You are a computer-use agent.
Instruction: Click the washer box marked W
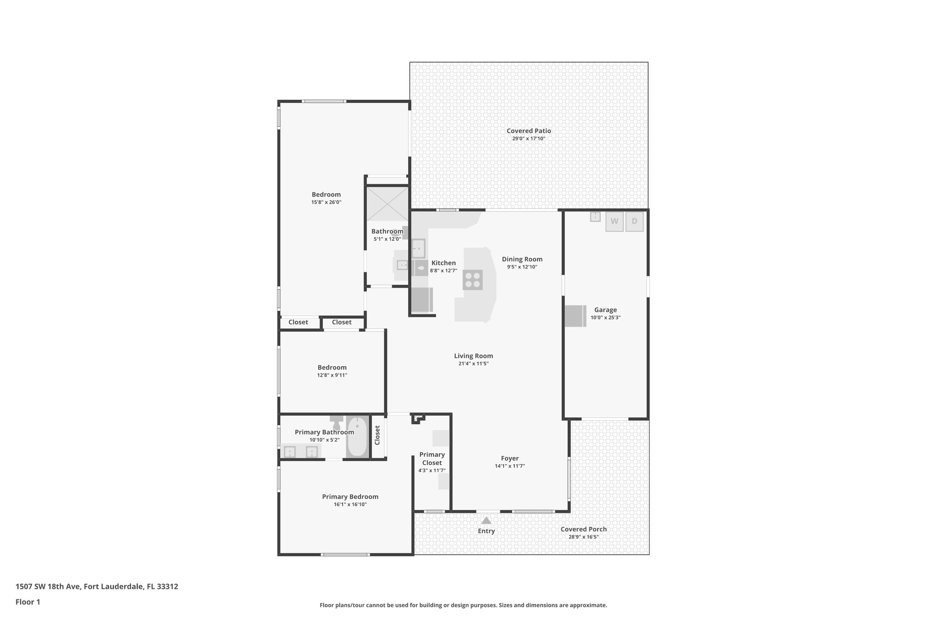coord(614,221)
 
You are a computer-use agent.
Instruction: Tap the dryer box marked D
coord(634,221)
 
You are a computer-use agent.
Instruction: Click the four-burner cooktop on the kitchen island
coord(473,280)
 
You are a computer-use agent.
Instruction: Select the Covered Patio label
coord(529,131)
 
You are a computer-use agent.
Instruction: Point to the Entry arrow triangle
coord(486,521)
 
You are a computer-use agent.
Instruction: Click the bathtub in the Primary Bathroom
coord(357,437)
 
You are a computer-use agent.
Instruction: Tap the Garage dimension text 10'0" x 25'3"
coord(605,318)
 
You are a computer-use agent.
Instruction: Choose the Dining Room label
coord(522,259)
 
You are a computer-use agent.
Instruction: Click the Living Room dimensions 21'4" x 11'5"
coord(473,364)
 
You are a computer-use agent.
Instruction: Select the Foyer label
coord(510,458)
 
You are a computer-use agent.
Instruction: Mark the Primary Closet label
coord(432,459)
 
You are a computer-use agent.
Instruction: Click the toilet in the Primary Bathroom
coord(336,423)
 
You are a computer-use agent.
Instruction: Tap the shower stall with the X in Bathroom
coord(387,204)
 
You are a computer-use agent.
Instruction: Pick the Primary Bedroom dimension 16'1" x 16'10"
coord(350,504)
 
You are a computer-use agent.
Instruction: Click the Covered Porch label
coord(583,529)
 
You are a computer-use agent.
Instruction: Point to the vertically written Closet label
coord(377,435)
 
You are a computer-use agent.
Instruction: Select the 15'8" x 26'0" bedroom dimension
coord(326,202)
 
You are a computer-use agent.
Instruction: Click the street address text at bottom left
coord(97,587)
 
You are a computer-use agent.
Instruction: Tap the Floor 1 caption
coord(28,602)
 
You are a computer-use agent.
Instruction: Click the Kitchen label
coord(443,263)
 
